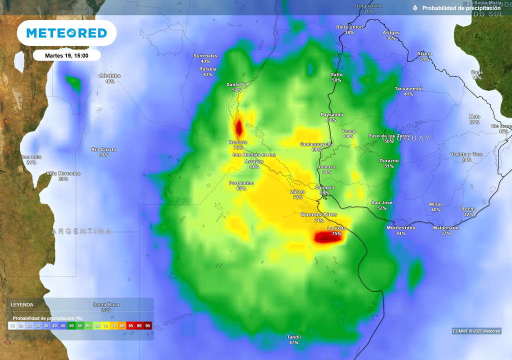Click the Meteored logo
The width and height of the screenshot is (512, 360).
point(66,33)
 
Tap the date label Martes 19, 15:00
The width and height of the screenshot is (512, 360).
point(66,55)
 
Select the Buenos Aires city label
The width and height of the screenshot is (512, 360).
point(319,214)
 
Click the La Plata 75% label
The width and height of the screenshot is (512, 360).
point(336,231)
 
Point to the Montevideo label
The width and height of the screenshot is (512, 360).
point(401,228)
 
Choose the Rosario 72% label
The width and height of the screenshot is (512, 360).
point(238,145)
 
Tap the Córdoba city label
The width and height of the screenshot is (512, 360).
point(109,76)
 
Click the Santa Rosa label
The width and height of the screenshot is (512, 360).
point(106,304)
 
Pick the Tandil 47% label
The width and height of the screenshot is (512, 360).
point(293,339)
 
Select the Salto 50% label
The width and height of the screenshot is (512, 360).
point(336,77)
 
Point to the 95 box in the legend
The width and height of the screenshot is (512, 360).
point(147,325)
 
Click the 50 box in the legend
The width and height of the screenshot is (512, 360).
point(72,325)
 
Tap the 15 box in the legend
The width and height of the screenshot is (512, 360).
point(12,325)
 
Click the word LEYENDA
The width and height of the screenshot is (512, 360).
point(22,304)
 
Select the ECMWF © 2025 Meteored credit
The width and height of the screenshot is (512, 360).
point(476,331)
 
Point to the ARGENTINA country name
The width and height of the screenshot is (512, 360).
point(81,231)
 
